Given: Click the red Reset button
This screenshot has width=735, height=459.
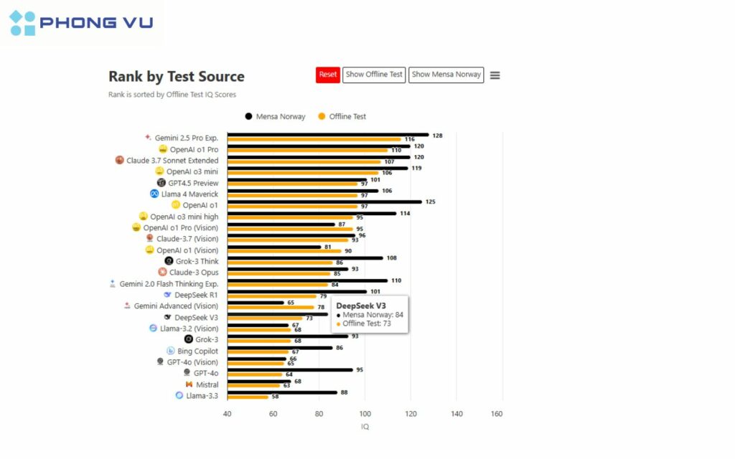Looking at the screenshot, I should pos(328,75).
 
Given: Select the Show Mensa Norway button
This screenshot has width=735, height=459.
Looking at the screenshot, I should pos(446,75).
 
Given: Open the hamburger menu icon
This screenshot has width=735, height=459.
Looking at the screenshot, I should pos(495,75).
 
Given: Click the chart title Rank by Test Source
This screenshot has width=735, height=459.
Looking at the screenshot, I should pos(177,77).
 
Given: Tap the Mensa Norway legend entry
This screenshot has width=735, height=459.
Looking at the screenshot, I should pos(276,116).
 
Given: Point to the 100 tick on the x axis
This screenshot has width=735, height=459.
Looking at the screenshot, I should pos(365,414).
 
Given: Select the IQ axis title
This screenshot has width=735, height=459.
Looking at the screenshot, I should pos(365,427).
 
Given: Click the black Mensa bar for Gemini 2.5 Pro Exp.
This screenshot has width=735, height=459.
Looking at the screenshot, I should pos(327,134).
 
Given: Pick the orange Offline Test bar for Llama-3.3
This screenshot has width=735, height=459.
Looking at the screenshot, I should pos(248,397).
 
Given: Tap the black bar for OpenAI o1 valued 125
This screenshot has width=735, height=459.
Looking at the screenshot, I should pos(324,202).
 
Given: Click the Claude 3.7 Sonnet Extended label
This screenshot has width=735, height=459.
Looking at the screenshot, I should pos(172,161).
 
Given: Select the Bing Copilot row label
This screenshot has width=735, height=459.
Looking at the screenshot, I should pos(197,351).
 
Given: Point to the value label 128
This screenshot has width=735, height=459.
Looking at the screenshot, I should pos(438,135).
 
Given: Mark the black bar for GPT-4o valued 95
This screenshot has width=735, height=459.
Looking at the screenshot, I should pos(290,370).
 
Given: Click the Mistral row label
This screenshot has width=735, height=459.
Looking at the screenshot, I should pos(207,384).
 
